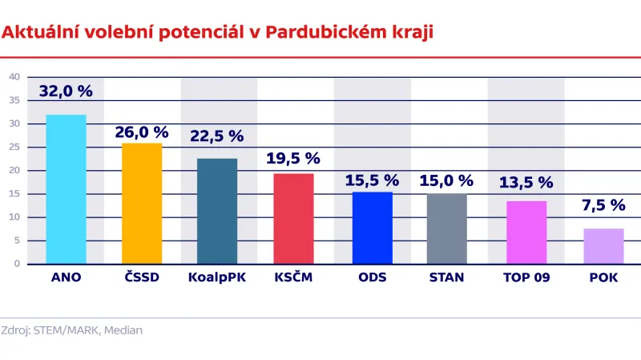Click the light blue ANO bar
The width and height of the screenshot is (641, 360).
66,189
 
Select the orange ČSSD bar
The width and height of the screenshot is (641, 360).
142,204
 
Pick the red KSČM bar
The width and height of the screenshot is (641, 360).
294,218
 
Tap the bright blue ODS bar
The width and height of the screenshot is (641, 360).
373,228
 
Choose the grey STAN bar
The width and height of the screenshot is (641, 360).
446,229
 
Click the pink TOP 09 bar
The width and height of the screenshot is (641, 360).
526,233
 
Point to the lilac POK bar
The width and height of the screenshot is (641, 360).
603,246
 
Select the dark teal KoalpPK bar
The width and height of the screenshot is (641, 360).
217,211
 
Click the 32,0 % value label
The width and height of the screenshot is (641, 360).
66,91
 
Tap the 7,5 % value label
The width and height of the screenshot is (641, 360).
603,205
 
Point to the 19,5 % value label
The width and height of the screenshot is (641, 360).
293,159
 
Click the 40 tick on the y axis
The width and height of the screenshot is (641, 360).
14,77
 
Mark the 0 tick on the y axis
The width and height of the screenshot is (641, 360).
17,264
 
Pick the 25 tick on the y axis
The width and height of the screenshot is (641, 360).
14,147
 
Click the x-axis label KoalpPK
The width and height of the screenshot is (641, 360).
217,277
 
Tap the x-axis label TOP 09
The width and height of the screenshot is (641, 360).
526,277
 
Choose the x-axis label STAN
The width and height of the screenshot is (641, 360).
446,277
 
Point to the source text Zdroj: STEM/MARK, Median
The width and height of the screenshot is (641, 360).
72,330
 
